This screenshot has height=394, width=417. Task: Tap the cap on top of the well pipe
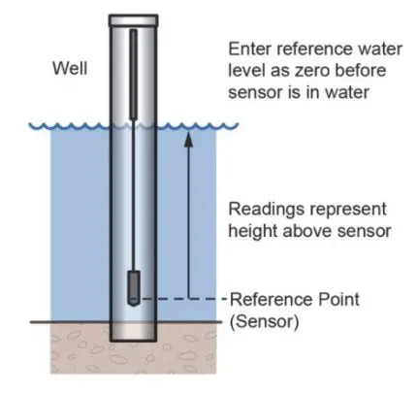point(133,19)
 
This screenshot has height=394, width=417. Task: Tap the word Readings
point(260,209)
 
